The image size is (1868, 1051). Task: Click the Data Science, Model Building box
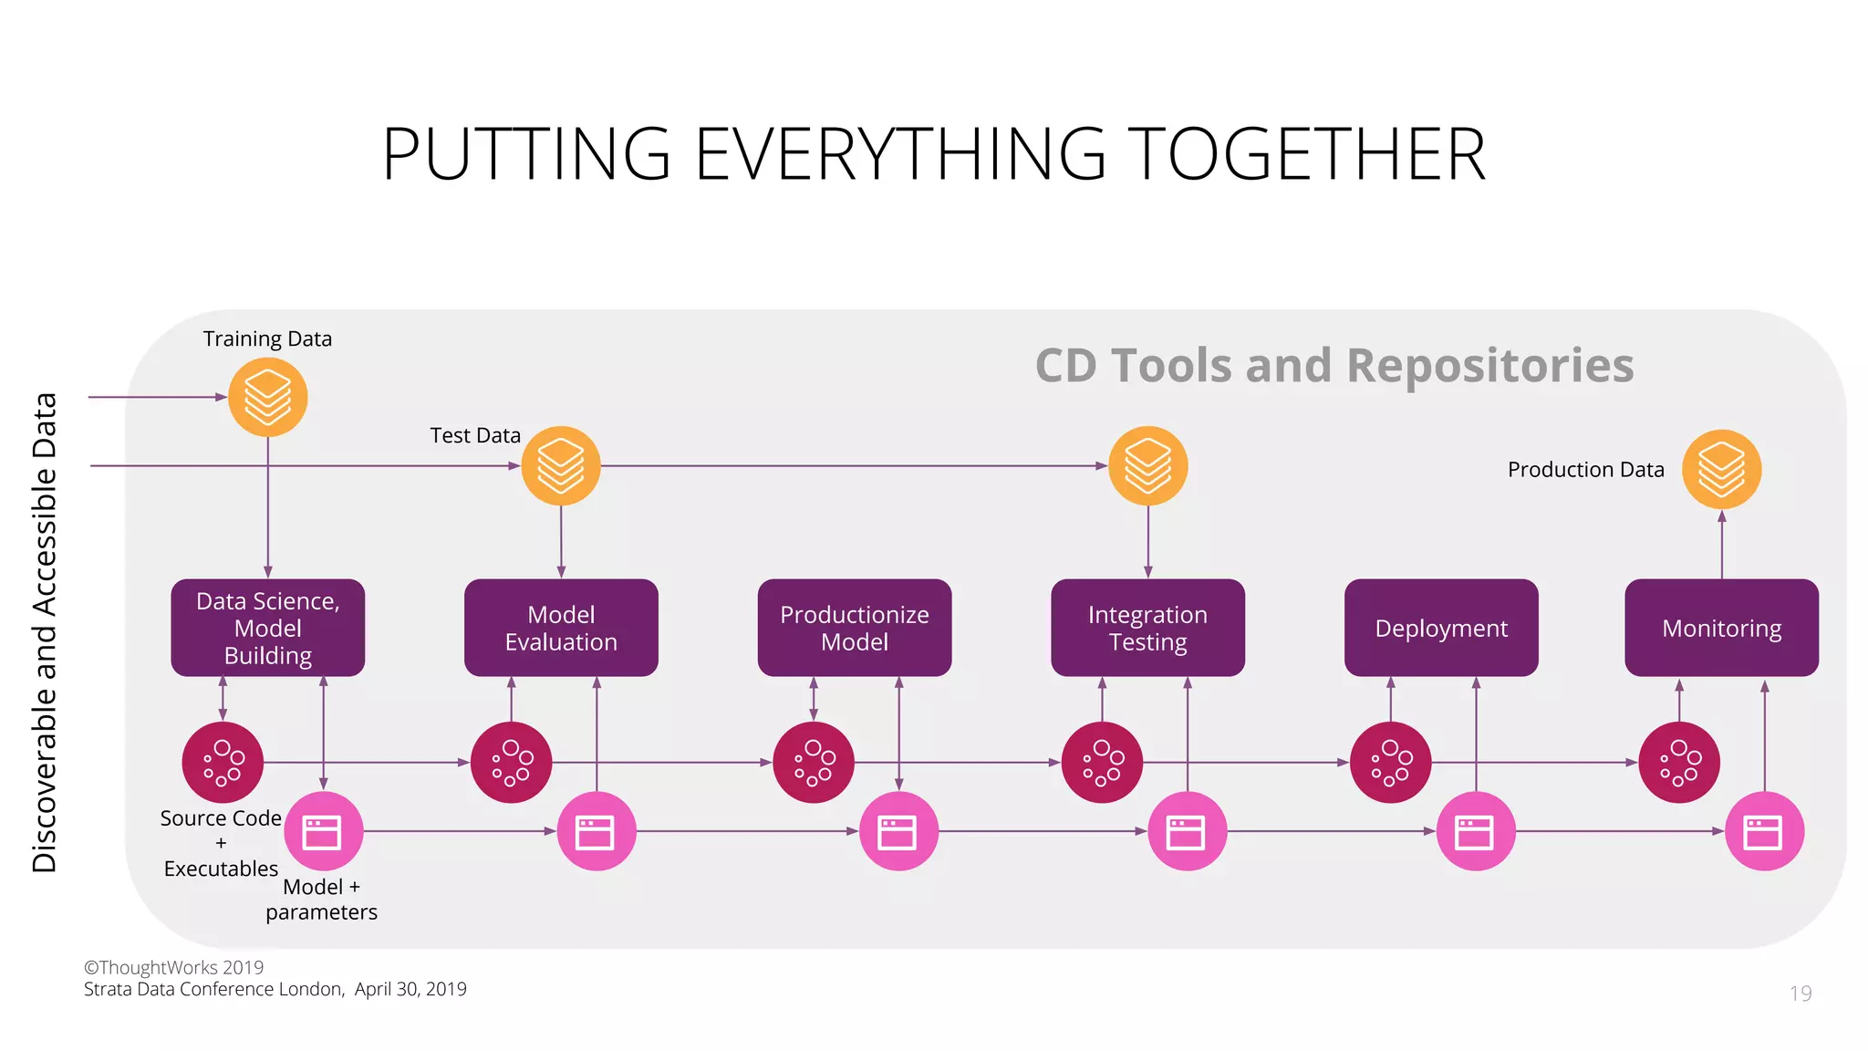pos(267,628)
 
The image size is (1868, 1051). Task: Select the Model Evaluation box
pos(561,628)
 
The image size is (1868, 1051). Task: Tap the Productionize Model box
pos(855,628)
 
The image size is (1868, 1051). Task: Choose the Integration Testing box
pos(1147,628)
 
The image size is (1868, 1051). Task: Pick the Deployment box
pos(1441,628)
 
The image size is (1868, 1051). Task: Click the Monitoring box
pos(1721,628)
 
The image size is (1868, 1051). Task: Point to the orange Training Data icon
pos(267,397)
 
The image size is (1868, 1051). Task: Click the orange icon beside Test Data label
pos(561,466)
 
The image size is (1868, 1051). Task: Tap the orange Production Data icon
pos(1721,469)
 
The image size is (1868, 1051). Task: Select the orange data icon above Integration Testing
pos(1147,466)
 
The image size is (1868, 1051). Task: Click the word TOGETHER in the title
pos(1306,154)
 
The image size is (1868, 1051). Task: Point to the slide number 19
pos(1801,994)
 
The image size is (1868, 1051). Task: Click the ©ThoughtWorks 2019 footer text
pos(173,967)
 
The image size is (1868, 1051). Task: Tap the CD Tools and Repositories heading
pos(1334,366)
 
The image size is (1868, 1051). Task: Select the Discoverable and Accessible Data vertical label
pos(45,632)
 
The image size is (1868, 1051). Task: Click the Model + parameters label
pos(321,900)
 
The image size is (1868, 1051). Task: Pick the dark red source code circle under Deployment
pos(1390,763)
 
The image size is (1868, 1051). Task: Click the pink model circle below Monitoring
pos(1764,831)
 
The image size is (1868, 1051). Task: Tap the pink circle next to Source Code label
pos(323,831)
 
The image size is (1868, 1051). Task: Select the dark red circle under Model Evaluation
pos(511,763)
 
